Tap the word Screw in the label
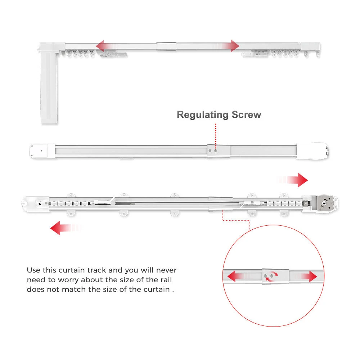pyautogui.click(x=247, y=115)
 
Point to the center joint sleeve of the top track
pyautogui.click(x=166, y=46)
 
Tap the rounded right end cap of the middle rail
pyautogui.click(x=312, y=151)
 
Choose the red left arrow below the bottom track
pyautogui.click(x=63, y=228)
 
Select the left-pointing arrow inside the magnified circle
pyautogui.click(x=238, y=277)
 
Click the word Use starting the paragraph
pyautogui.click(x=34, y=270)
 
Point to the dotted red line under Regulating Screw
pyautogui.click(x=216, y=135)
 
